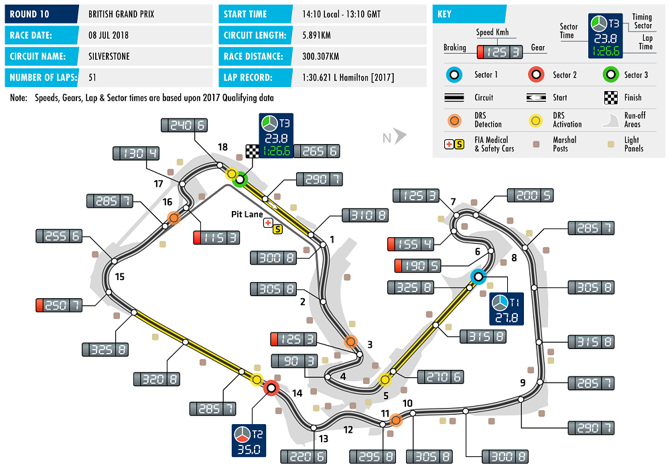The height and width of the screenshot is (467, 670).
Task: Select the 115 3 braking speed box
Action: coord(217,237)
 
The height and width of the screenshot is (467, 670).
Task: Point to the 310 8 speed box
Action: coord(365,215)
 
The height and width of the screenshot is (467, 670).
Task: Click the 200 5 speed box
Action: coord(531,195)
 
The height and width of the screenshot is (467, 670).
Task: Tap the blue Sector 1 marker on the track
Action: coord(478,276)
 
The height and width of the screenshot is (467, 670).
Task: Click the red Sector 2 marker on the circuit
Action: coord(271,387)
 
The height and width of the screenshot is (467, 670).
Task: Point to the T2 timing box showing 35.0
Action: coord(249,440)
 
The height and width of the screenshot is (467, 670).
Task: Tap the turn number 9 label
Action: coord(523,383)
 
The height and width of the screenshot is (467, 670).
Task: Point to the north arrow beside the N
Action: coord(400,137)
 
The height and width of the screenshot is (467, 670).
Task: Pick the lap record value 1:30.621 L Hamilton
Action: coord(348,78)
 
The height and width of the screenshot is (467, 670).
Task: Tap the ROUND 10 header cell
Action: coord(44,13)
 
